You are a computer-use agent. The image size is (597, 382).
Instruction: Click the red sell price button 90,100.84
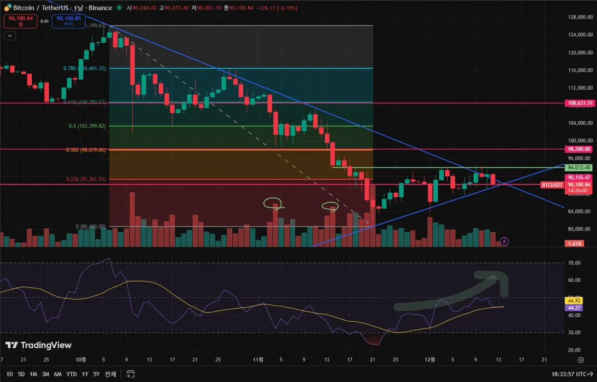(20, 21)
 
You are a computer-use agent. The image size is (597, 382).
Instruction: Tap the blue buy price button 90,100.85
(69, 21)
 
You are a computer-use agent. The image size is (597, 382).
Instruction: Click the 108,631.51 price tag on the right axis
(580, 103)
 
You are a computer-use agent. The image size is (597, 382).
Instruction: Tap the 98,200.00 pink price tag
(580, 149)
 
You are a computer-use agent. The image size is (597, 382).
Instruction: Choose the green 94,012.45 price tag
(580, 168)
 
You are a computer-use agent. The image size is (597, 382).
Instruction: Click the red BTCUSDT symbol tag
(552, 185)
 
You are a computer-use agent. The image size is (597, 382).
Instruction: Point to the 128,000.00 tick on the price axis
(580, 17)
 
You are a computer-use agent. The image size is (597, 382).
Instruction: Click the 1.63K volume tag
(575, 244)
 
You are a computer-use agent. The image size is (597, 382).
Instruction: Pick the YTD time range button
(71, 374)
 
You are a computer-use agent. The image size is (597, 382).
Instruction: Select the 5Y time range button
(97, 374)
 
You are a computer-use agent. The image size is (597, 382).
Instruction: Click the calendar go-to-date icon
(131, 374)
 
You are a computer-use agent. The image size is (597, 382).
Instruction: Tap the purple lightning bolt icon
(504, 242)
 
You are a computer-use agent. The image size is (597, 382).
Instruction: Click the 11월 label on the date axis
(258, 359)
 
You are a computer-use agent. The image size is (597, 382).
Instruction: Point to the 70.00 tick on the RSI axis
(574, 262)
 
